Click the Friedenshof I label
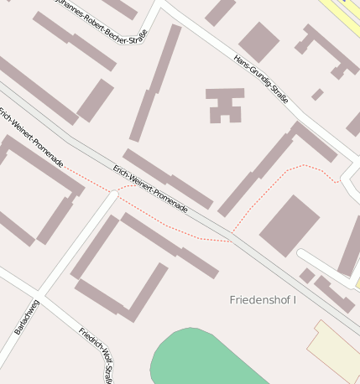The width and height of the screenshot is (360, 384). (x=263, y=299)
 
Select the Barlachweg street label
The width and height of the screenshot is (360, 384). (x=26, y=317)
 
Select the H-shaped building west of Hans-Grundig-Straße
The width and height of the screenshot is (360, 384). (x=225, y=104)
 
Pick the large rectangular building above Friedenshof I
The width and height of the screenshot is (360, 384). (x=289, y=225)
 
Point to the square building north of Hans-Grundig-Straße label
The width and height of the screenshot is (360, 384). (x=258, y=41)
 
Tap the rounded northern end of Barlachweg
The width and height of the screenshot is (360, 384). (x=114, y=195)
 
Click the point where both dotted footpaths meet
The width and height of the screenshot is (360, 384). (x=231, y=240)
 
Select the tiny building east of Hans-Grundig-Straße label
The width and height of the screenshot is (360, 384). (x=317, y=95)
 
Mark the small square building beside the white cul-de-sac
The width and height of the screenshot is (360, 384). (x=307, y=275)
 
